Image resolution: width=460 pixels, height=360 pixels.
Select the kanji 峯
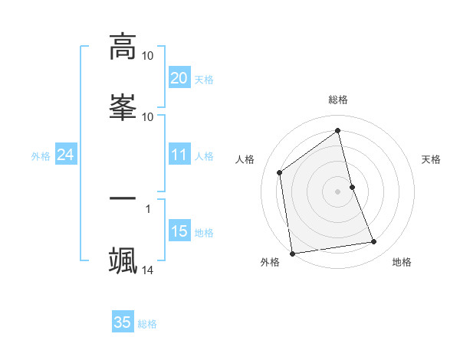[x=123, y=106]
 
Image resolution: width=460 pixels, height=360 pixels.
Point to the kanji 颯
[x=123, y=260]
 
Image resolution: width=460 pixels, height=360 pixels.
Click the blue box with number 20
[x=179, y=78]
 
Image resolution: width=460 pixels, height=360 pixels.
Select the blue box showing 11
[x=179, y=155]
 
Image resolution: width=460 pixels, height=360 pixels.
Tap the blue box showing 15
[x=179, y=231]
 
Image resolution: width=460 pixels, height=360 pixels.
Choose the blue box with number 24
[x=65, y=155]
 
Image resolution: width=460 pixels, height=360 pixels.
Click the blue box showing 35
[x=123, y=322]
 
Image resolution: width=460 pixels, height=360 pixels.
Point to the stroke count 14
[x=148, y=270]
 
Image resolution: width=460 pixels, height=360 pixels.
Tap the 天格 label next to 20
[x=204, y=80]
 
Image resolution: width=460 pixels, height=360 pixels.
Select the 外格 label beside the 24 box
[x=41, y=156]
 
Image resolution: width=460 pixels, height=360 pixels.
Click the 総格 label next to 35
[x=147, y=324]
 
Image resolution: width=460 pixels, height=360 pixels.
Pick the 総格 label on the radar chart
[x=338, y=100]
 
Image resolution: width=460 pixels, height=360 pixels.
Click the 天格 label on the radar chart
[x=432, y=159]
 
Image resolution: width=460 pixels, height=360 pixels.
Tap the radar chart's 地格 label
[x=402, y=262]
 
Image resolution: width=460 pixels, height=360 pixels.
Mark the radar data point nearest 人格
[x=280, y=172]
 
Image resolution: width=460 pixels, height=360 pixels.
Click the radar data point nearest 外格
[x=292, y=253]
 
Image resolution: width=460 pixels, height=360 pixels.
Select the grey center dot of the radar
[x=338, y=191]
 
